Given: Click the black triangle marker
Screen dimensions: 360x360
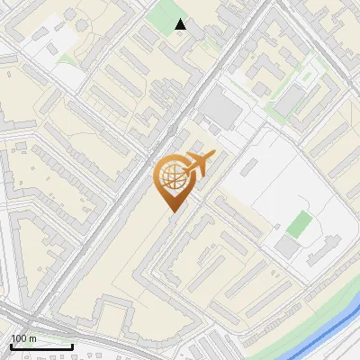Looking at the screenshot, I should (x=181, y=24).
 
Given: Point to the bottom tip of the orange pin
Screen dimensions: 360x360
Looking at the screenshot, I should (x=172, y=211).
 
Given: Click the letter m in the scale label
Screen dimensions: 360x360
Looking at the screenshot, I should (x=33, y=338).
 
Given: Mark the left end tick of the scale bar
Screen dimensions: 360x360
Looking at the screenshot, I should (x=11, y=345).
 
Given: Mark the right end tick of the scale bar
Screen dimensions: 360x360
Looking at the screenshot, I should (x=72, y=345).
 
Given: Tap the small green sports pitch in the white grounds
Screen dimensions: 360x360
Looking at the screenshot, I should (x=300, y=224).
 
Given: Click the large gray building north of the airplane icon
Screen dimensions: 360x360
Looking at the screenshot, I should (x=220, y=112).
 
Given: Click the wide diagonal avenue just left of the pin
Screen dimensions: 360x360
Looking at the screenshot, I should (x=135, y=189).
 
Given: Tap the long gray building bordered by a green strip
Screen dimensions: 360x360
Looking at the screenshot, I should (x=290, y=97).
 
